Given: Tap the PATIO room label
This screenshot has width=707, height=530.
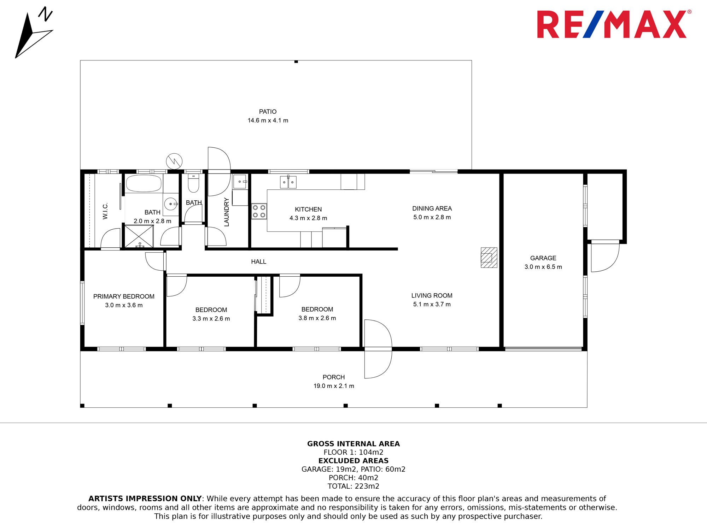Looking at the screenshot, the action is tap(268, 112).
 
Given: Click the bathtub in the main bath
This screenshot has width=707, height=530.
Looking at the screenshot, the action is tap(144, 183).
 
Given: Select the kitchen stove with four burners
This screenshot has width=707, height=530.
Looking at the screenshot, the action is tap(259, 211).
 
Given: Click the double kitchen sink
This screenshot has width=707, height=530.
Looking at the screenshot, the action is tap(288, 182).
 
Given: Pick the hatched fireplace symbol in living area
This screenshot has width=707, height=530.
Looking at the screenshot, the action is tap(489, 258).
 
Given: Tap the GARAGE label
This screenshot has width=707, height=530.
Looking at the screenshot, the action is tap(543, 258).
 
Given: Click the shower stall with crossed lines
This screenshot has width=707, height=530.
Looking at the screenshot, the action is tap(139, 236).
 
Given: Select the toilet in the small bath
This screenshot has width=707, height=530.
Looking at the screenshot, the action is tap(193, 183).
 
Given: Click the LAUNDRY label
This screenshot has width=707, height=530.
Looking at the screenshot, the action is tap(227, 212).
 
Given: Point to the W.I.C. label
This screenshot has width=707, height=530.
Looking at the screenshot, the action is tap(105, 211).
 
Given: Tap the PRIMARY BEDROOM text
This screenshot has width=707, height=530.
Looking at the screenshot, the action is tap(124, 296).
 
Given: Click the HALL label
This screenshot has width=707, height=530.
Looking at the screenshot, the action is tap(258, 262).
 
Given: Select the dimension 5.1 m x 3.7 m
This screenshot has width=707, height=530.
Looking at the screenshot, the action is tap(432, 305).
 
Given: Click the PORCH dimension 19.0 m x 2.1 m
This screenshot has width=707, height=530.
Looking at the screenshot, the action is tap(334, 386).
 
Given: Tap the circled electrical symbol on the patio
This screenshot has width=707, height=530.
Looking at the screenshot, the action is tap(174, 161).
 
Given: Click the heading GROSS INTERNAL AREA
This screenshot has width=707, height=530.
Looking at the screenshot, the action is tap(353, 444).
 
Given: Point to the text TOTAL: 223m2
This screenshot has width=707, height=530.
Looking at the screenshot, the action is tap(353, 486).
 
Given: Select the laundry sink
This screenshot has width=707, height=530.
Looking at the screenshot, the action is tap(240, 182).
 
